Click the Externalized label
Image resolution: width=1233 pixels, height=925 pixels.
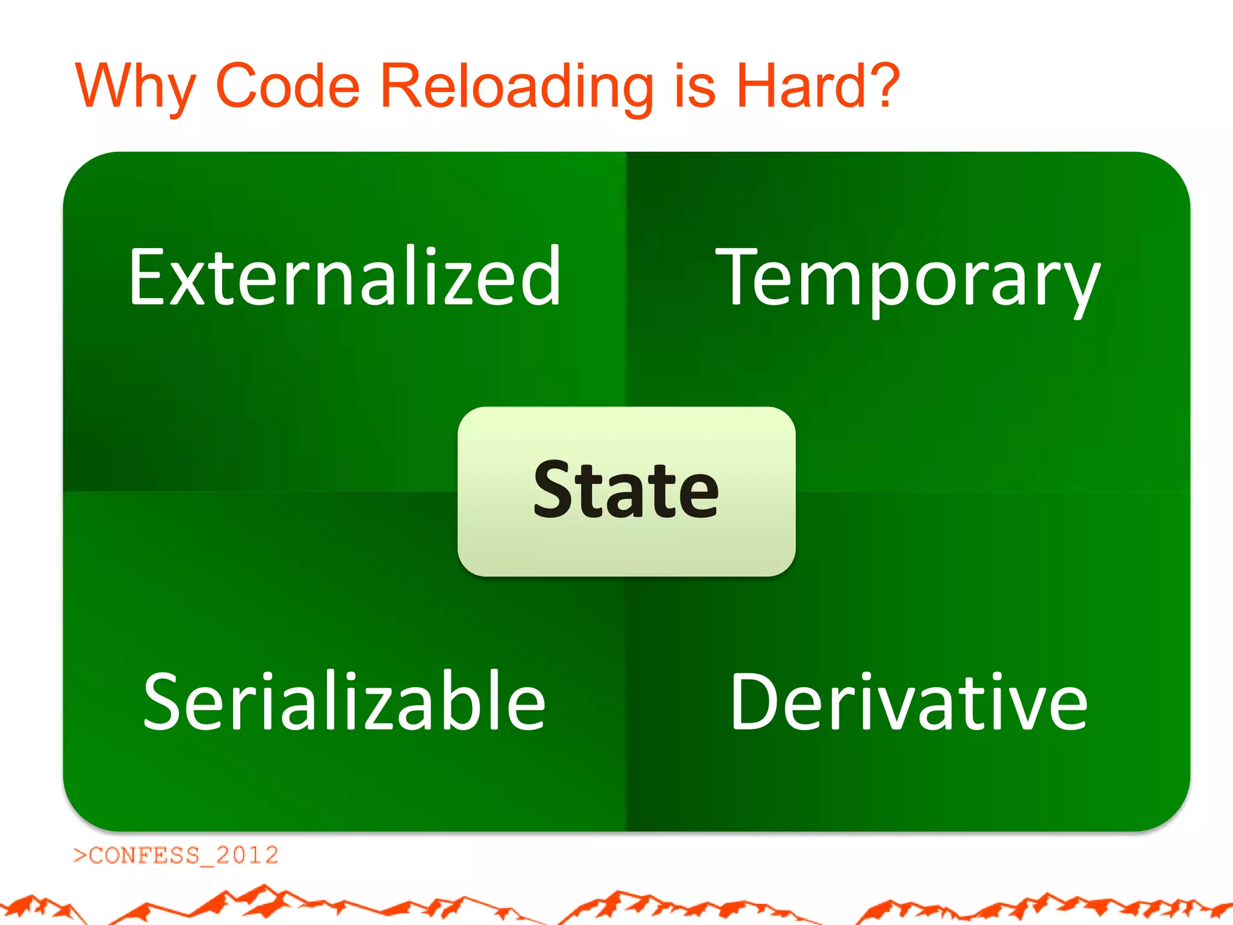tap(345, 277)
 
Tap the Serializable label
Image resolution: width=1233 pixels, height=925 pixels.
tap(344, 702)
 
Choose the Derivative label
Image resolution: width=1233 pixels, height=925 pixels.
tap(908, 702)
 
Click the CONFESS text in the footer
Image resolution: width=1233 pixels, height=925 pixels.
tap(144, 855)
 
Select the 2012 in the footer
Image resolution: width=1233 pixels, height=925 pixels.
tap(247, 855)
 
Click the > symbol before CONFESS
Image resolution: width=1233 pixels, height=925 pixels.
tap(80, 855)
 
